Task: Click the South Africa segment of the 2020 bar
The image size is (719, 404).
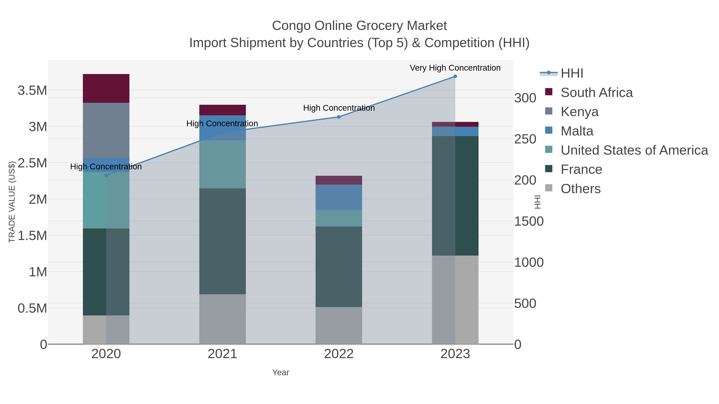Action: (106, 88)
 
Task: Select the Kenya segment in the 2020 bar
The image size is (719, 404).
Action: (106, 130)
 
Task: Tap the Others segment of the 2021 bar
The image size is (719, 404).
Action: (222, 319)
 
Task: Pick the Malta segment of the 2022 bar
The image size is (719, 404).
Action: (339, 197)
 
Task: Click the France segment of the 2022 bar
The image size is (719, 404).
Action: (339, 267)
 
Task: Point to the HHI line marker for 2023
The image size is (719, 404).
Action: (455, 76)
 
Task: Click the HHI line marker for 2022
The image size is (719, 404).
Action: (339, 117)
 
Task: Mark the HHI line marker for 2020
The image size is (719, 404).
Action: (106, 175)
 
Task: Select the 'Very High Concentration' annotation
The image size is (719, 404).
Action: (455, 68)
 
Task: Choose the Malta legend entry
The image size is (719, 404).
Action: (577, 131)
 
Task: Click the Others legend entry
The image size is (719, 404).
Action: (580, 189)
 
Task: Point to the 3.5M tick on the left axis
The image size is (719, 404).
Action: (32, 91)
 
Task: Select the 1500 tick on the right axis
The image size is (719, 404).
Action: (529, 221)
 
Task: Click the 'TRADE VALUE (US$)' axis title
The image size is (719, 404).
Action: (12, 202)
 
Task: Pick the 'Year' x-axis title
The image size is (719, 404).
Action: (281, 372)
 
